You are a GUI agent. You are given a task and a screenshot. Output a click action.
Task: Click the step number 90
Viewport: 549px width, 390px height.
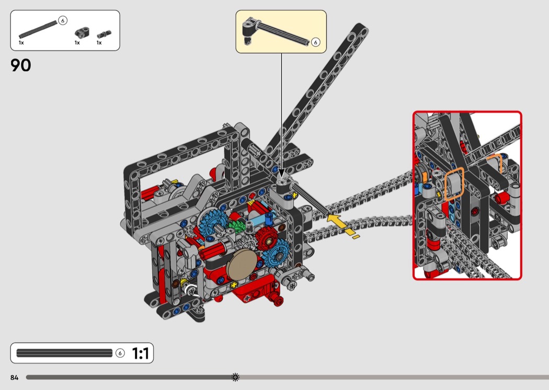coord(21,65)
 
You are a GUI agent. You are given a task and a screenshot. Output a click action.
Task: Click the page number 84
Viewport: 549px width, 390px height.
coord(14,377)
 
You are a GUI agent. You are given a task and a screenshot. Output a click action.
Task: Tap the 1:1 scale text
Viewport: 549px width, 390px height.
coord(141,353)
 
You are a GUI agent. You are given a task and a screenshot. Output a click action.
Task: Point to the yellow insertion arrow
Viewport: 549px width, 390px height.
coord(342,226)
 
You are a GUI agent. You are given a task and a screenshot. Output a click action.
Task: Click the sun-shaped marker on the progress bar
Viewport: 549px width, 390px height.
coord(235,377)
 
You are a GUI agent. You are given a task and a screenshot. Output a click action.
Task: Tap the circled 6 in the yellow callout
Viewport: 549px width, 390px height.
coord(315,42)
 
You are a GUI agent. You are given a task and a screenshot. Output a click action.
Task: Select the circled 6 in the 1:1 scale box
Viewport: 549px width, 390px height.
coord(120,353)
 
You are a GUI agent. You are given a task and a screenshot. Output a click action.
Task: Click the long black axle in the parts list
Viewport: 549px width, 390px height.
coord(38,29)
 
